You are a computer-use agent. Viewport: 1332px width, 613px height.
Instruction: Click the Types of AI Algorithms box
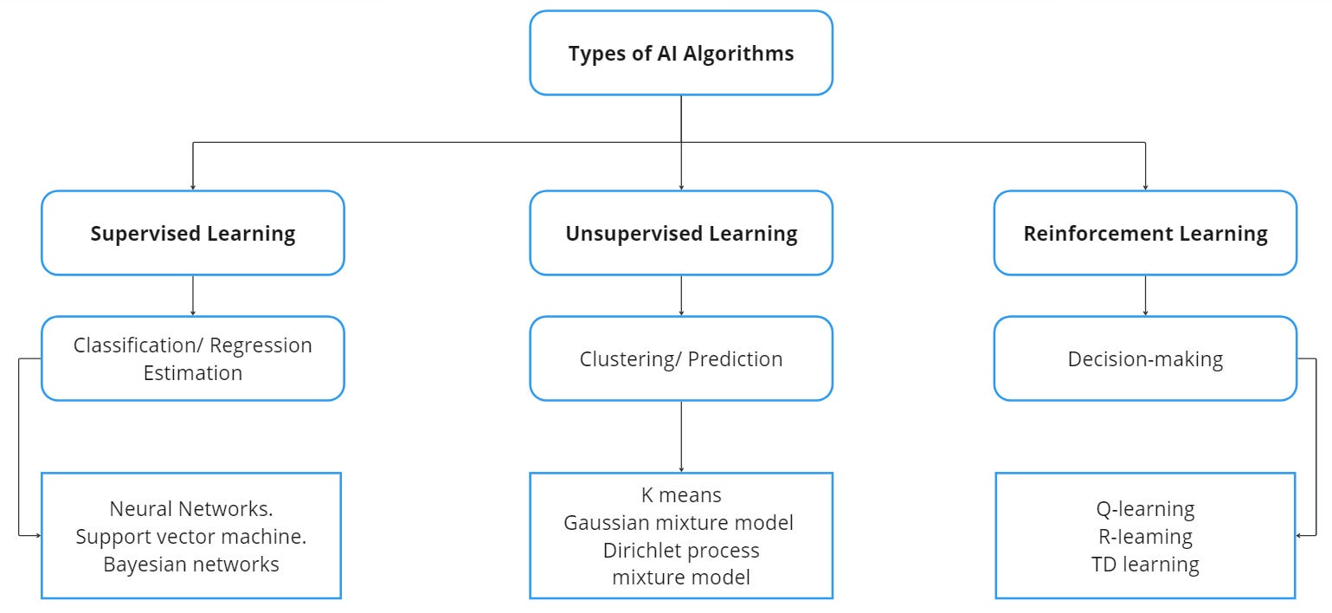pyautogui.click(x=681, y=53)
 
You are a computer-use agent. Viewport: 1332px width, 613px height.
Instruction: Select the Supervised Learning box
pyautogui.click(x=193, y=234)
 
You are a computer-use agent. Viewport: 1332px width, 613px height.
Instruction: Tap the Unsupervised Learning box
pyautogui.click(x=681, y=234)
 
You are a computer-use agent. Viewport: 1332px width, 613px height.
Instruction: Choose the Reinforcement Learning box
pyautogui.click(x=1145, y=234)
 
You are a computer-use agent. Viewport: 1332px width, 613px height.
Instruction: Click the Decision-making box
pyautogui.click(x=1145, y=359)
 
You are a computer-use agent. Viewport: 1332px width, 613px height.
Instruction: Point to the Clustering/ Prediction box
pyautogui.click(x=681, y=359)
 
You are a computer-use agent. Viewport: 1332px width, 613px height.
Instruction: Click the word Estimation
pyautogui.click(x=193, y=373)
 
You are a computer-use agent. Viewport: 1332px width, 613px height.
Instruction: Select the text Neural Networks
pyautogui.click(x=191, y=509)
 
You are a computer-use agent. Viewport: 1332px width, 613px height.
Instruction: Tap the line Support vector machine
pyautogui.click(x=191, y=537)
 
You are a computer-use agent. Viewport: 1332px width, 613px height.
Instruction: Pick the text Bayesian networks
pyautogui.click(x=191, y=565)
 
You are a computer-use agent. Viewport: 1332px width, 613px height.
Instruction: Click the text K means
pyautogui.click(x=681, y=495)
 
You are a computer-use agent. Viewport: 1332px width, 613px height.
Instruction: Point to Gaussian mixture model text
pyautogui.click(x=679, y=523)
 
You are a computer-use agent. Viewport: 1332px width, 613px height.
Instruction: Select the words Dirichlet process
pyautogui.click(x=681, y=551)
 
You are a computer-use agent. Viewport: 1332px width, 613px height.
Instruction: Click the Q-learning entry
pyautogui.click(x=1145, y=509)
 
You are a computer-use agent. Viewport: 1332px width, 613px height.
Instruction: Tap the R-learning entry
pyautogui.click(x=1145, y=537)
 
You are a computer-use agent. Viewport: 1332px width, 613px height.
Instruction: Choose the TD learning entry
pyautogui.click(x=1145, y=565)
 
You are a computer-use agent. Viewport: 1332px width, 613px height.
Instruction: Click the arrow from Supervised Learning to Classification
pyautogui.click(x=192, y=295)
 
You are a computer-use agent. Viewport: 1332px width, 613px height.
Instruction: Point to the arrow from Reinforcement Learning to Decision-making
pyautogui.click(x=1145, y=295)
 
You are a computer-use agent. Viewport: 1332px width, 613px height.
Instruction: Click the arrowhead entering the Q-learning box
pyautogui.click(x=1301, y=535)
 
